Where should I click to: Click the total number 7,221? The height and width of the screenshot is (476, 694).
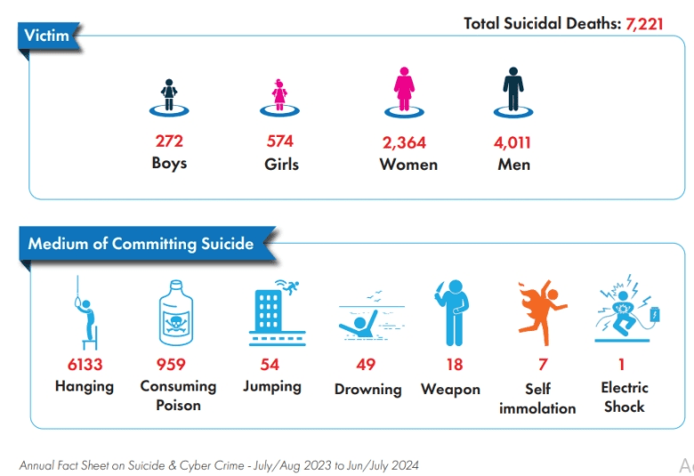pos(644,23)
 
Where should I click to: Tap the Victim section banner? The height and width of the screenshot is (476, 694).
pos(47,36)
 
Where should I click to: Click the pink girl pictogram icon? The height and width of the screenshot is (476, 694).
pos(279,93)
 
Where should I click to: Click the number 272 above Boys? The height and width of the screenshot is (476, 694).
pos(169,141)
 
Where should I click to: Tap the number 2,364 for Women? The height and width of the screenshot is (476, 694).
pos(405,141)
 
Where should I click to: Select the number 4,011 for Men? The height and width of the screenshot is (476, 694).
pos(512,141)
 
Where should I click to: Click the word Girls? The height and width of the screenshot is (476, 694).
pos(281,164)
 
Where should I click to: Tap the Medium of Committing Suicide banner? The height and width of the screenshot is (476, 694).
pos(141,244)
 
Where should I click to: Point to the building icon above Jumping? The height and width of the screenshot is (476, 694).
pos(270,312)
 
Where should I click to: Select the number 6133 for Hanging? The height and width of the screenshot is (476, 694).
pos(85,364)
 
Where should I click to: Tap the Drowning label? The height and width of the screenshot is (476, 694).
pos(367,390)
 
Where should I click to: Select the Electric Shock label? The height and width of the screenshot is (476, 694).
pos(624,397)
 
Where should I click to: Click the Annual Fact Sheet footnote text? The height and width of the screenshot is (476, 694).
pos(219,464)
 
